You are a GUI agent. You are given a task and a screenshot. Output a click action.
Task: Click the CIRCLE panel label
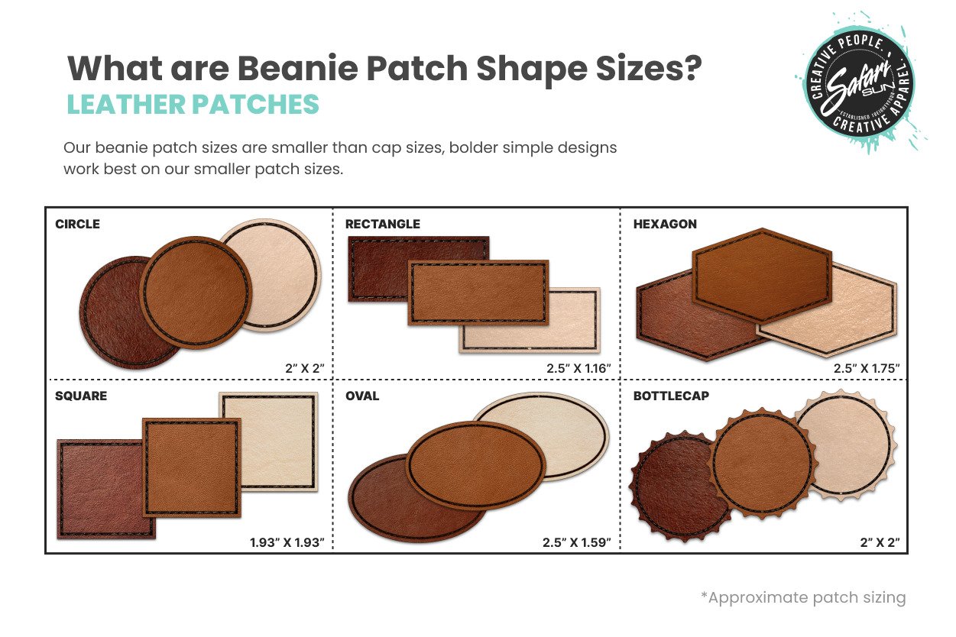(x=77, y=224)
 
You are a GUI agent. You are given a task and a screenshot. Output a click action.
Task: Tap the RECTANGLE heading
(x=382, y=224)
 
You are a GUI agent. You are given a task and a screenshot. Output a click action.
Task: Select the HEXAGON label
(x=665, y=224)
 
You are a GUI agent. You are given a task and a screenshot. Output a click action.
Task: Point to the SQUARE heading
(x=81, y=396)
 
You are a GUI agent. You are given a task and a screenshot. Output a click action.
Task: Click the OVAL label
(x=362, y=396)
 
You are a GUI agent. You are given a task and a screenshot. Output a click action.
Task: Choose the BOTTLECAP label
(x=671, y=396)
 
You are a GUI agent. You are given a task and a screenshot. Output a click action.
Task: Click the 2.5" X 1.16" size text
(x=578, y=368)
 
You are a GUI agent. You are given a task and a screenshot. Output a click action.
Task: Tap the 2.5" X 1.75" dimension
(x=867, y=368)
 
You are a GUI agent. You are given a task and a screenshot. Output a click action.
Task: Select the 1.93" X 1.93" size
(x=287, y=542)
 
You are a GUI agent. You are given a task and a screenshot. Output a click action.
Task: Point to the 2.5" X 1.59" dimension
(x=577, y=542)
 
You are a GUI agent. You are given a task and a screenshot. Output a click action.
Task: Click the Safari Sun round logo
(x=860, y=82)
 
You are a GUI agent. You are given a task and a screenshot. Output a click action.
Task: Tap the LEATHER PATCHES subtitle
(x=193, y=105)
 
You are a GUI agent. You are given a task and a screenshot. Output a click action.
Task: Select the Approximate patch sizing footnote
(x=803, y=597)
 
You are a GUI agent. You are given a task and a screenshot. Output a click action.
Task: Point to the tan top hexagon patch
(x=762, y=275)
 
